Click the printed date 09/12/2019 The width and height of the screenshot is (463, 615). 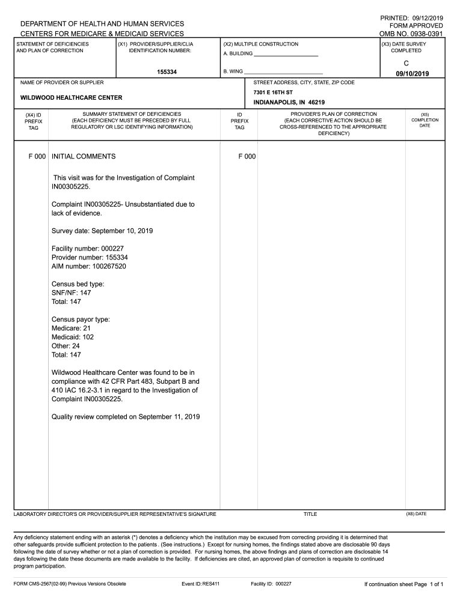(x=424, y=18)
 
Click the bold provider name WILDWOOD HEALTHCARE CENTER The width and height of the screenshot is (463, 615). (x=72, y=97)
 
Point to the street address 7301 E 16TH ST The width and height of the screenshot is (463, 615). (x=273, y=92)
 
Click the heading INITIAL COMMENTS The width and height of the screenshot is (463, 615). (x=84, y=156)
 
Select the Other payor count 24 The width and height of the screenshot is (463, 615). (x=76, y=346)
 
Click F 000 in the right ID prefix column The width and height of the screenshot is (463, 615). (x=247, y=156)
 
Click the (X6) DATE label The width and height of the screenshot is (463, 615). (x=416, y=514)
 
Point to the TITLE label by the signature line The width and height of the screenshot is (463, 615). (x=310, y=514)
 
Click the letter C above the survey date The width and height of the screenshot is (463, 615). (x=406, y=62)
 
